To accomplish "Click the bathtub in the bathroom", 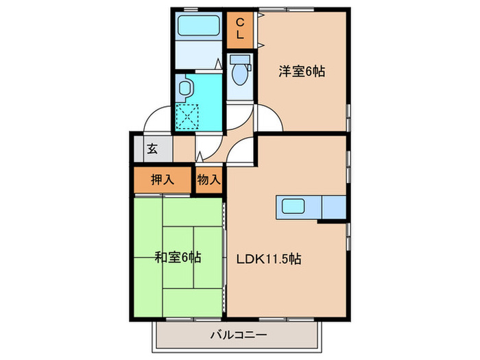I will pos(198,29).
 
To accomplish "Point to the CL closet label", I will pos(241,29).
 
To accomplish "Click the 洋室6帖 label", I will pos(301,70).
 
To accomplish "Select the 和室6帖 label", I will pos(177,259).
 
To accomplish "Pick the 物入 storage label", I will pos(209,180).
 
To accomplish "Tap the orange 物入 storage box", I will pos(209,180).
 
